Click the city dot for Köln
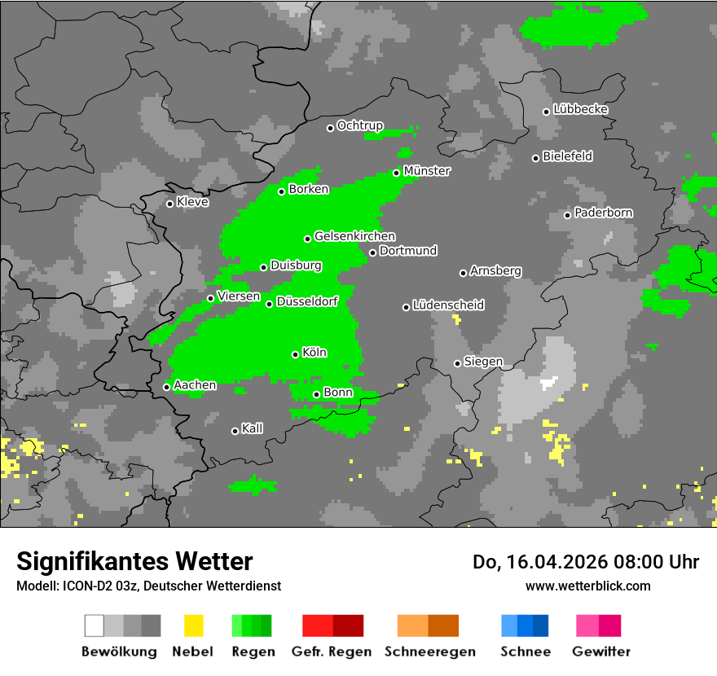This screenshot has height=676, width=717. pyautogui.click(x=296, y=354)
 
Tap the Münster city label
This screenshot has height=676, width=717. pyautogui.click(x=427, y=171)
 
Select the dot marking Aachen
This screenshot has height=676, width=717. pyautogui.click(x=167, y=387)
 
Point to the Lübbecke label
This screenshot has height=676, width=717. pyautogui.click(x=580, y=109)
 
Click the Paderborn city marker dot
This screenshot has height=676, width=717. pyautogui.click(x=568, y=215)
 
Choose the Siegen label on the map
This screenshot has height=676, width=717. pyautogui.click(x=483, y=362)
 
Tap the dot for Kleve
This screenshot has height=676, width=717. pyautogui.click(x=170, y=204)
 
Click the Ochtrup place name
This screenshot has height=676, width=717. pyautogui.click(x=359, y=125)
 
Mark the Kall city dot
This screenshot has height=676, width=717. pyautogui.click(x=235, y=431)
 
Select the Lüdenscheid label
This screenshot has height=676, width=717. pyautogui.click(x=448, y=305)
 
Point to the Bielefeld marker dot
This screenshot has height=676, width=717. pyautogui.click(x=536, y=158)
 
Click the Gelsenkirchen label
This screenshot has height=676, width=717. pyautogui.click(x=354, y=236)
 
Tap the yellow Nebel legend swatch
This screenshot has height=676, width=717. pyautogui.click(x=194, y=626)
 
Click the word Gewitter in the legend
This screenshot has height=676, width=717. pyautogui.click(x=601, y=652)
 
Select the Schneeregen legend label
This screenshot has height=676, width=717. pyautogui.click(x=430, y=652)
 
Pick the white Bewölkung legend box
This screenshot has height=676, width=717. pyautogui.click(x=95, y=626)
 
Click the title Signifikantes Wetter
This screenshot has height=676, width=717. pyautogui.click(x=134, y=561)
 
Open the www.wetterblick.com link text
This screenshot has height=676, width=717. pyautogui.click(x=587, y=586)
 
